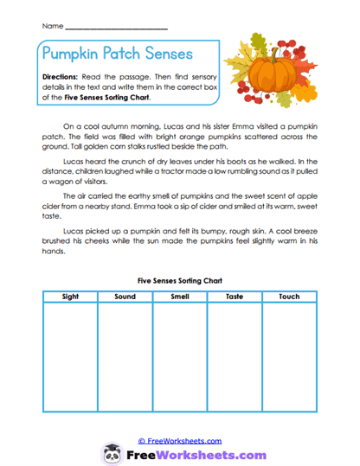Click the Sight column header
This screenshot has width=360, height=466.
70,297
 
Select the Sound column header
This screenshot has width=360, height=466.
125,297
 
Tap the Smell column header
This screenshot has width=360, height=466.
179,297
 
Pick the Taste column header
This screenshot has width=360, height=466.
234,297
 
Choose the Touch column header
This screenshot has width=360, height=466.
289,297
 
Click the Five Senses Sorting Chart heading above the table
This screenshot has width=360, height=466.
179,280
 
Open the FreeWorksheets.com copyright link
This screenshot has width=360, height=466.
178,441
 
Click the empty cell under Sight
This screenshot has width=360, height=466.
70,363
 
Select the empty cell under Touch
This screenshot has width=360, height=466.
289,363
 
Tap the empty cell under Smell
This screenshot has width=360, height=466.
179,363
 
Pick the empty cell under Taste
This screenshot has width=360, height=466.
234,363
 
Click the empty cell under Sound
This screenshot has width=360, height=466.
125,363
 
